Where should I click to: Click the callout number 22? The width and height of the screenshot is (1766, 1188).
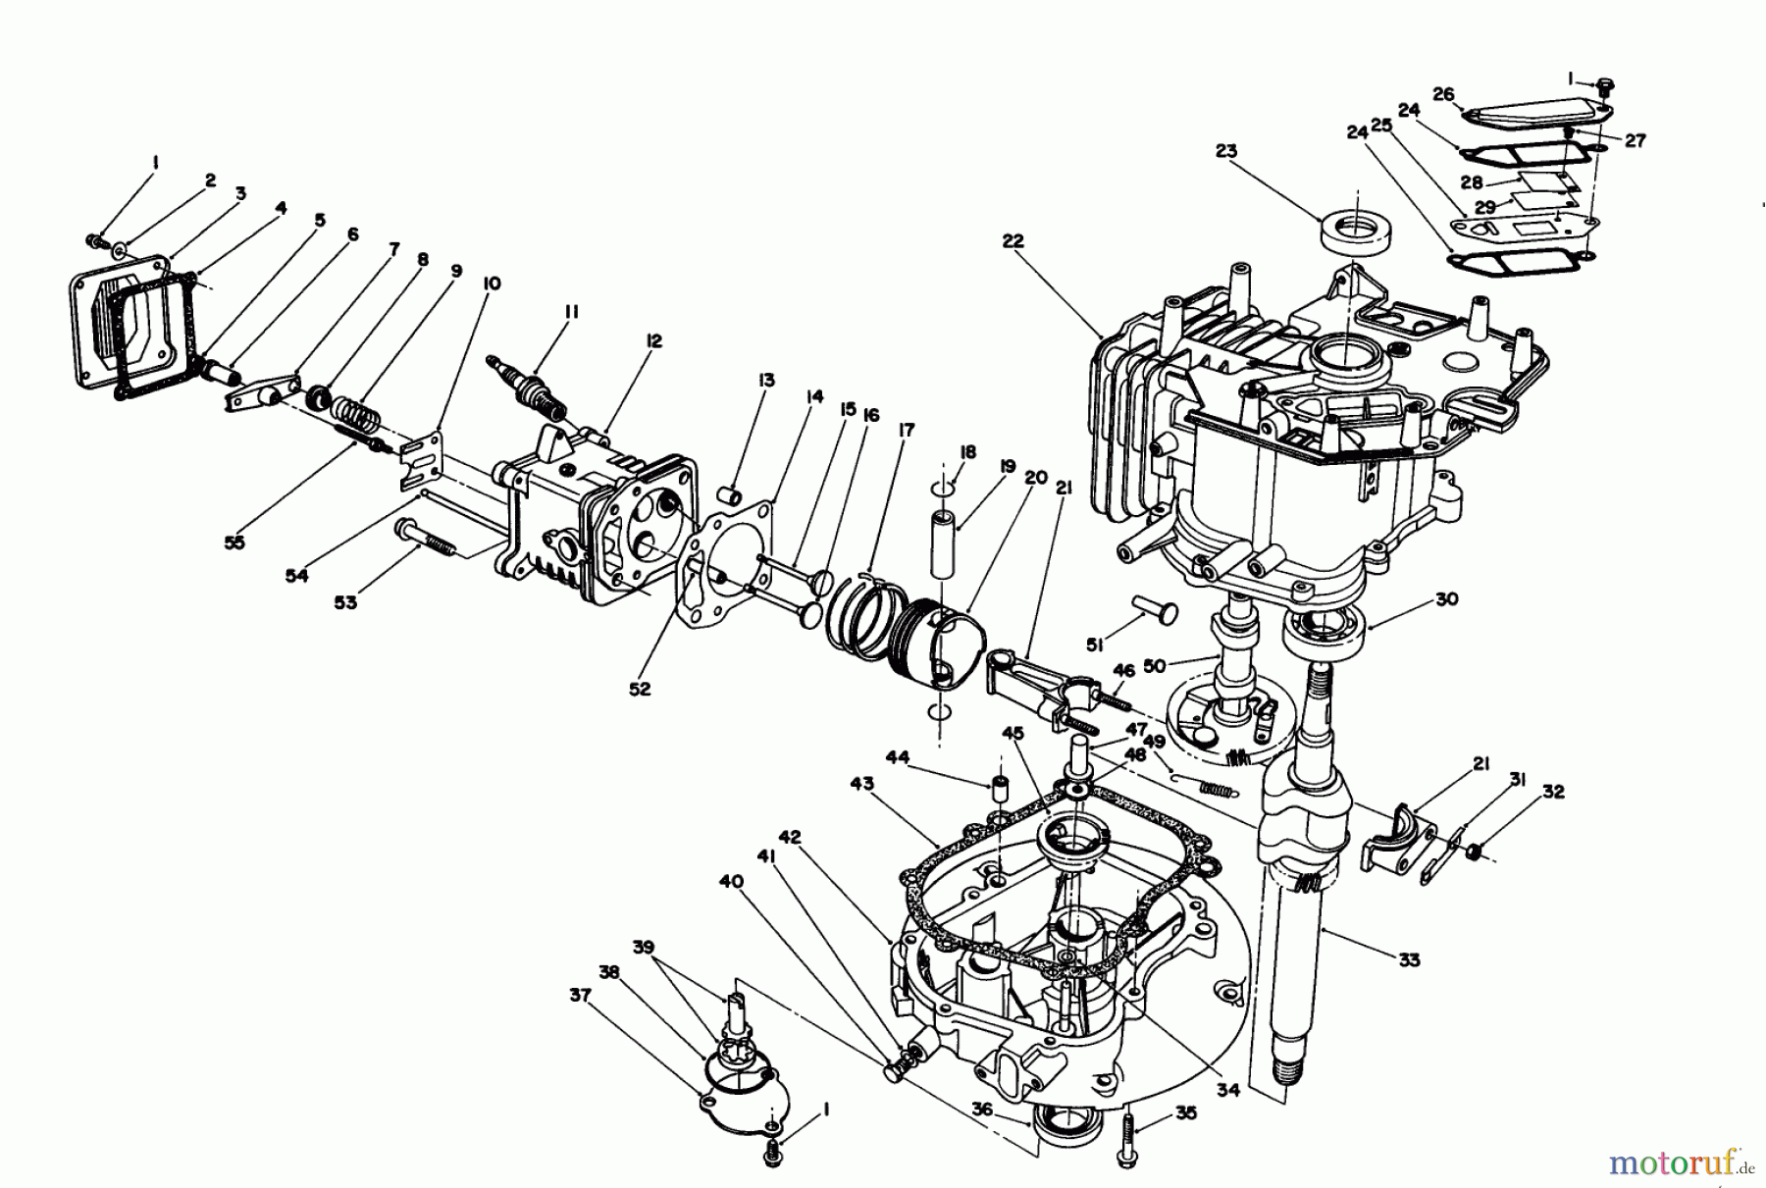click(1013, 240)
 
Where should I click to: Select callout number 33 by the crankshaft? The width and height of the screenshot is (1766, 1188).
click(1409, 959)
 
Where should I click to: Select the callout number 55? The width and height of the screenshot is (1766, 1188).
click(234, 542)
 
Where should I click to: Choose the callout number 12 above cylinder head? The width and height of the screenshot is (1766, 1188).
click(653, 340)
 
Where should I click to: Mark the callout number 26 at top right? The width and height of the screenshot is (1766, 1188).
click(1442, 94)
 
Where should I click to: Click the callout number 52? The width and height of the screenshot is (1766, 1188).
click(640, 689)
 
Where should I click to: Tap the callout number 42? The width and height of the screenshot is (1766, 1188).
click(790, 837)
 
